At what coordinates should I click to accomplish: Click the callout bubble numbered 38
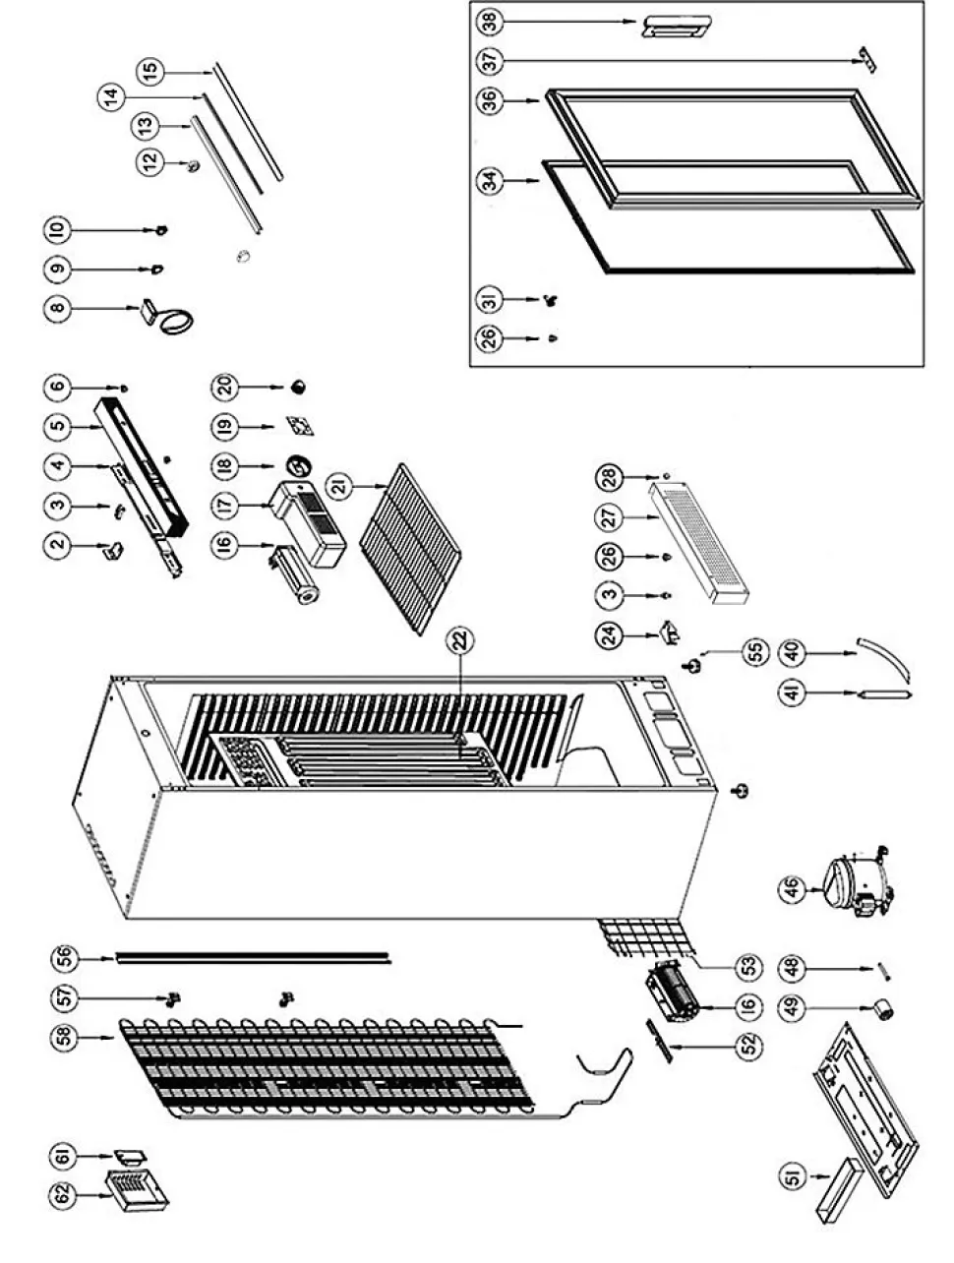pos(489,21)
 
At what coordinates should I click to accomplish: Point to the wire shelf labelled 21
pos(410,546)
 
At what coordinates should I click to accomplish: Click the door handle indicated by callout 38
pos(678,26)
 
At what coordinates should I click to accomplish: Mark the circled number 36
pos(489,101)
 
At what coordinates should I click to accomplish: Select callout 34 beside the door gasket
pos(489,181)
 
